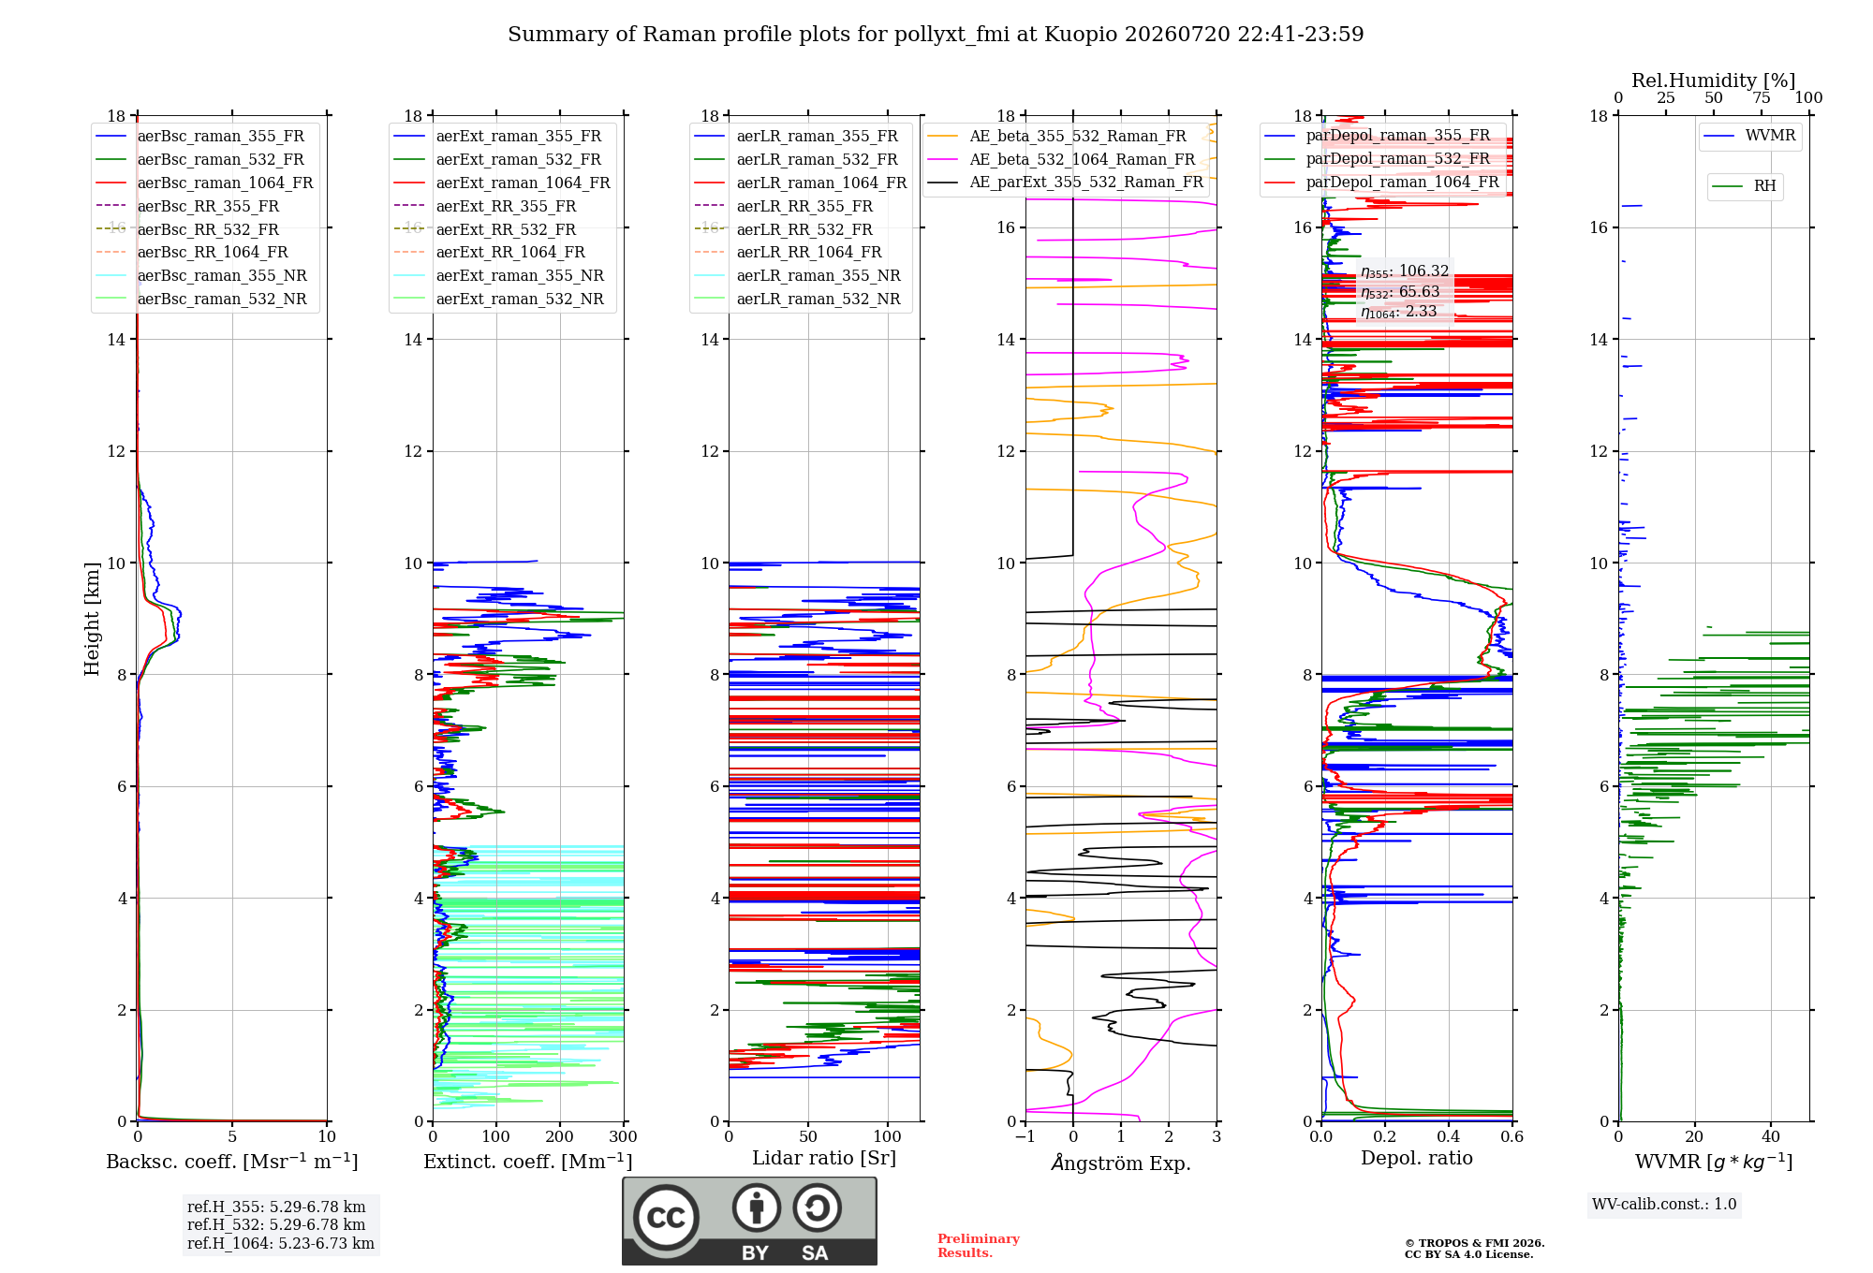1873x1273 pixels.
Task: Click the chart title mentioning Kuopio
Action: (936, 35)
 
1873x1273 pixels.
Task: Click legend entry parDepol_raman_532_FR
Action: (1377, 159)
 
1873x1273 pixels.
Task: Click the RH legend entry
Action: (1744, 186)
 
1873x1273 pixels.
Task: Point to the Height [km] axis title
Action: (92, 619)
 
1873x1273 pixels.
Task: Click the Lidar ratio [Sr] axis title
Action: (824, 1158)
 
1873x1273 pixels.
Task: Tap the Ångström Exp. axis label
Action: (1121, 1163)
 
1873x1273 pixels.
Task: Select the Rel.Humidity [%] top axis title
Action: (1714, 80)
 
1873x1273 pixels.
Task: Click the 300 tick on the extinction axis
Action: (623, 1136)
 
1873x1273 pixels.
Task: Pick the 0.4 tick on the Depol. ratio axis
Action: (1449, 1136)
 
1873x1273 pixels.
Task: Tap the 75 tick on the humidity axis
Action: (1762, 97)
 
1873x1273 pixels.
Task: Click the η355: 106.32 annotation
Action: (1405, 271)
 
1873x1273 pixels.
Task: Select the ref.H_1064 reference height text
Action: (281, 1243)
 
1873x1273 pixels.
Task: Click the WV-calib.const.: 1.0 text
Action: (1664, 1204)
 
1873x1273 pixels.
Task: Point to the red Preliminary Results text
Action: (979, 1246)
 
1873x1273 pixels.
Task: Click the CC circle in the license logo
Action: (666, 1217)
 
